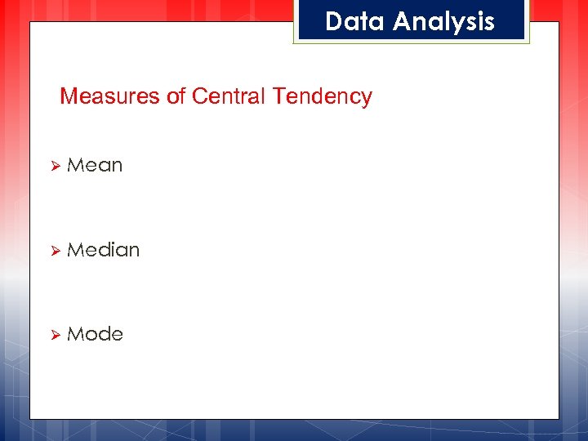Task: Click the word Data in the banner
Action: (x=355, y=21)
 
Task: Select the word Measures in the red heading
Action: (x=110, y=96)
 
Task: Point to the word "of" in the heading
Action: (x=176, y=96)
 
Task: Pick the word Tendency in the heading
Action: (x=323, y=97)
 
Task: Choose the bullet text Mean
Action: (x=95, y=165)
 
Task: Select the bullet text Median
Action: (x=104, y=249)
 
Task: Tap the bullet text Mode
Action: (x=95, y=334)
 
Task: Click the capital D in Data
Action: (x=333, y=21)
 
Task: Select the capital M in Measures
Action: (x=69, y=96)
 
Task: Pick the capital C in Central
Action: (x=199, y=96)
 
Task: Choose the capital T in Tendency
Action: (x=278, y=96)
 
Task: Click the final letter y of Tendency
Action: (x=367, y=99)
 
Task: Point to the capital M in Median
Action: (x=74, y=249)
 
